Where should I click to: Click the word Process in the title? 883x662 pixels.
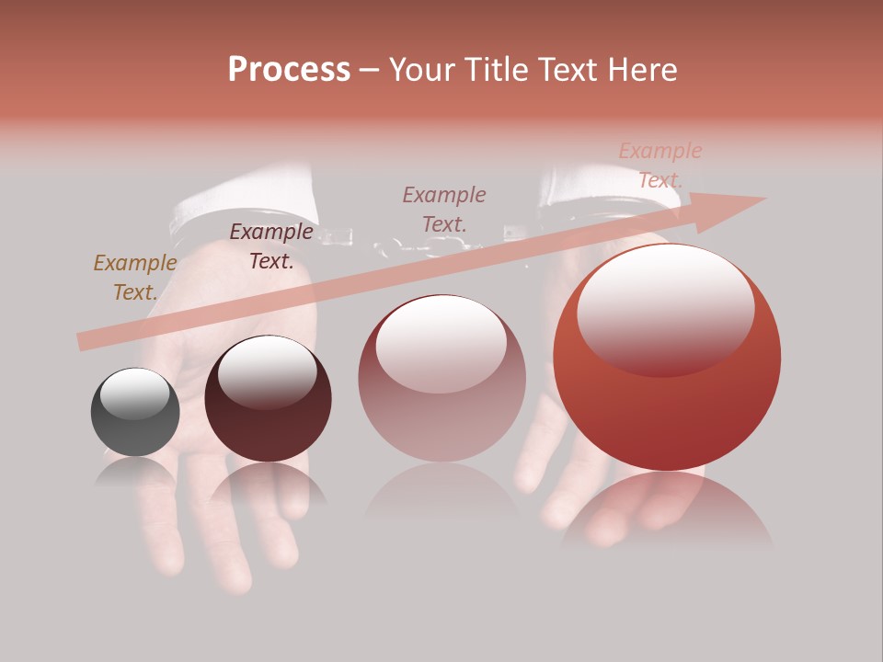coord(289,70)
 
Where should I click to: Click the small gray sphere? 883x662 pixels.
coord(135,413)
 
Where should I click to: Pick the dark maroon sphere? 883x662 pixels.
coord(268,399)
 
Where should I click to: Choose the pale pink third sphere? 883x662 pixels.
coord(441,379)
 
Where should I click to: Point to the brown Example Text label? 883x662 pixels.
coord(135,278)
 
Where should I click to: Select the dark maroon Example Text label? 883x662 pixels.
coord(271,246)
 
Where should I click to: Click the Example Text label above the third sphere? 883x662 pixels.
coord(444,210)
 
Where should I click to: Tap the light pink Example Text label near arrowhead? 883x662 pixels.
coord(660,165)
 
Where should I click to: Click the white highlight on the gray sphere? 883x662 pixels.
coord(135,394)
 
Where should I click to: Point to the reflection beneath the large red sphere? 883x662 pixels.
coord(667,510)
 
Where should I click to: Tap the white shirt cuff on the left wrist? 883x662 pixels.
coord(244,198)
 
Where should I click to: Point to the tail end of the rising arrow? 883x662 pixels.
coord(85,342)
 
